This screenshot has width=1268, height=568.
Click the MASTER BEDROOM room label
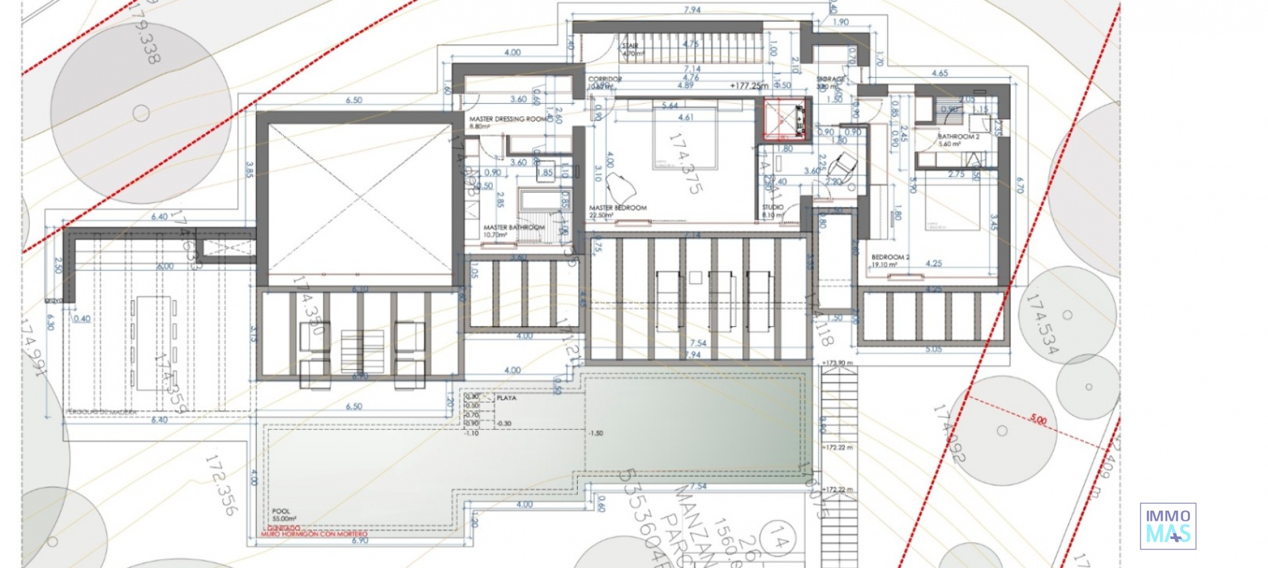tap(617, 208)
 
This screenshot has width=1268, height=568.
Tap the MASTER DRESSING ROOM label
tap(508, 120)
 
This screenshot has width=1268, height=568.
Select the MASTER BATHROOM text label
tap(514, 228)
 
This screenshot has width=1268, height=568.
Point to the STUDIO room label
tap(773, 207)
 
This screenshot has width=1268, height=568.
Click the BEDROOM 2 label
tap(890, 258)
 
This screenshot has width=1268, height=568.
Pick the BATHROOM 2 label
tap(958, 137)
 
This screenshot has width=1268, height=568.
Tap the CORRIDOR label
tap(604, 79)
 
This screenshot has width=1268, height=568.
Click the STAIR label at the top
tap(629, 46)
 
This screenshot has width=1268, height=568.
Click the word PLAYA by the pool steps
tap(507, 398)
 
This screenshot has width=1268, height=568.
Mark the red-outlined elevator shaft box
tap(785, 120)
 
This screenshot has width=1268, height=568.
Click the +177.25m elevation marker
tap(749, 86)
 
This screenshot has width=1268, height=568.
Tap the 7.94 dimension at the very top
tap(692, 10)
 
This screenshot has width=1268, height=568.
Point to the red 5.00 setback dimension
tap(1038, 420)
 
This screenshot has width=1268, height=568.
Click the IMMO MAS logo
tap(1168, 526)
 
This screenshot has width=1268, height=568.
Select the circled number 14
tap(777, 543)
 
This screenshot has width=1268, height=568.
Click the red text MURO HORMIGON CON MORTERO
tap(314, 534)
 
